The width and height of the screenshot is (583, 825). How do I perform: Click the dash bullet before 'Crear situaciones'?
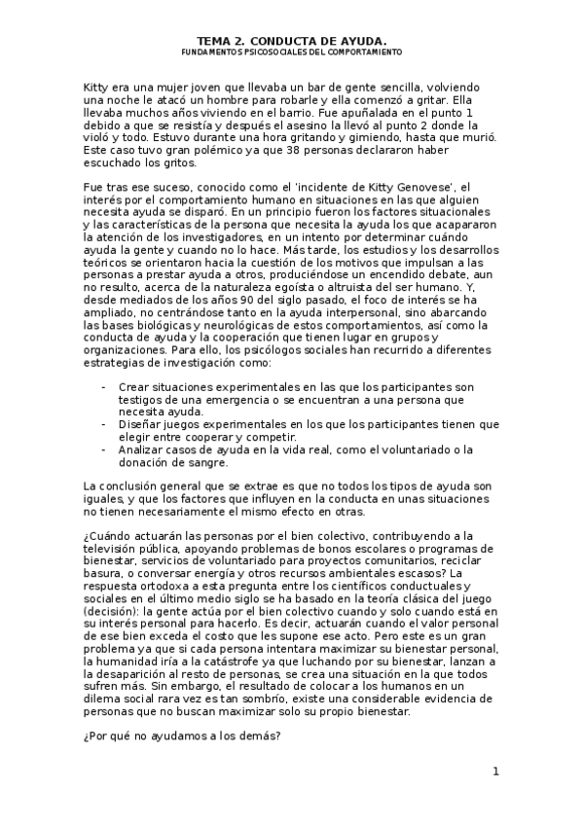tap(104, 388)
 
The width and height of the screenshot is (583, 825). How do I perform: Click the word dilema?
tap(105, 698)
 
